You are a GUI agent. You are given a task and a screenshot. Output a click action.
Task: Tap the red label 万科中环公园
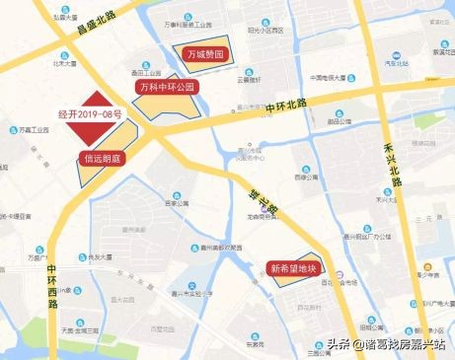pyautogui.click(x=167, y=87)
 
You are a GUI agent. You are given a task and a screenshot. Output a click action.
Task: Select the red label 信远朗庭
pyautogui.click(x=101, y=158)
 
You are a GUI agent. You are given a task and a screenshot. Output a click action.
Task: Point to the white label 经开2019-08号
pyautogui.click(x=90, y=114)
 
